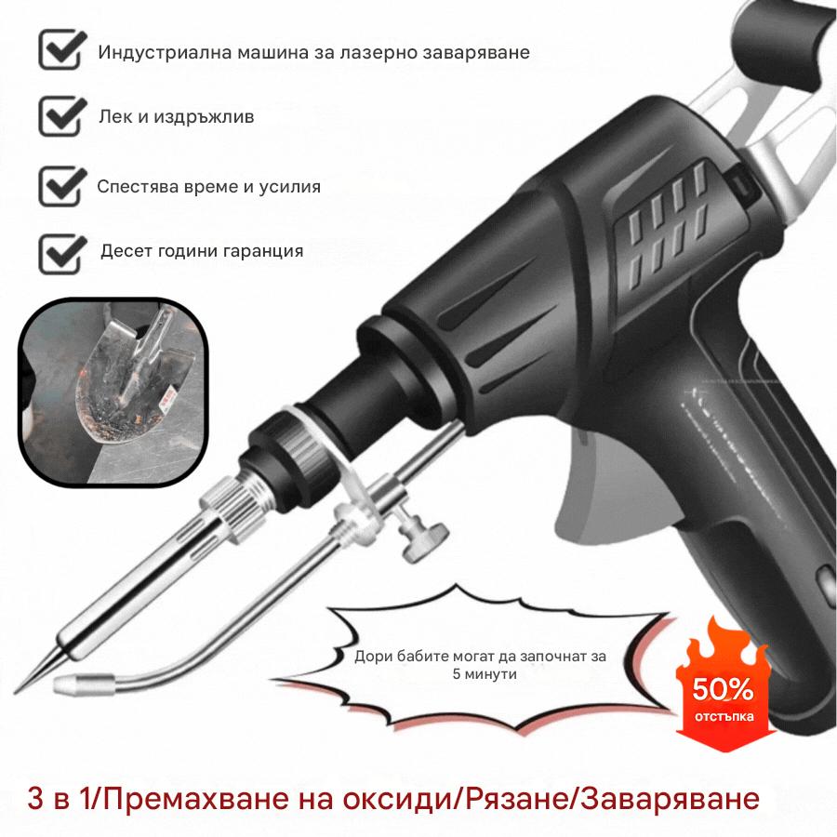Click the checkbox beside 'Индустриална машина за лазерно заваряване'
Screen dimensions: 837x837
pyautogui.click(x=60, y=50)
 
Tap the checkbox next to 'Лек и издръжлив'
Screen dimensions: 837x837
pyautogui.click(x=60, y=117)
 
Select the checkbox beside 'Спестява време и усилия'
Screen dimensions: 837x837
pyautogui.click(x=60, y=185)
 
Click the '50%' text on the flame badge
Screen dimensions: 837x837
pyautogui.click(x=723, y=690)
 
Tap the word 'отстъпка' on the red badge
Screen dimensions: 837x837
pyautogui.click(x=723, y=718)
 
